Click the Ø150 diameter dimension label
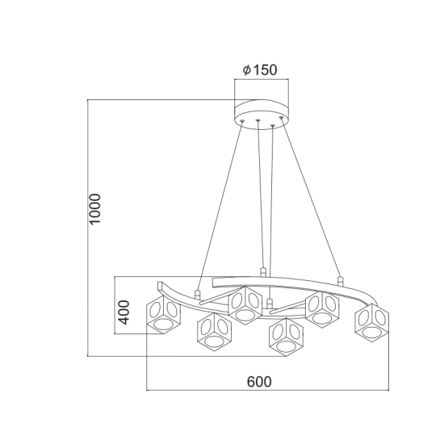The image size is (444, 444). click(x=260, y=69)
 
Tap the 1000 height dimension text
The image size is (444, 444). click(x=94, y=209)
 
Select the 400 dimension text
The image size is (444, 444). click(x=124, y=312)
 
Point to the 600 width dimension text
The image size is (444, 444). click(x=259, y=381)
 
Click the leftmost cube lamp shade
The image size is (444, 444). click(x=163, y=314)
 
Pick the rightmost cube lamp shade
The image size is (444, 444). click(x=372, y=322)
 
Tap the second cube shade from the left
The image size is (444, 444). click(x=215, y=332)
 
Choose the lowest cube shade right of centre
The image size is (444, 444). click(x=287, y=337)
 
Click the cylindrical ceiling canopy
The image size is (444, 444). click(x=262, y=115)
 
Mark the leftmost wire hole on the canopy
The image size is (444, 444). click(x=242, y=121)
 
